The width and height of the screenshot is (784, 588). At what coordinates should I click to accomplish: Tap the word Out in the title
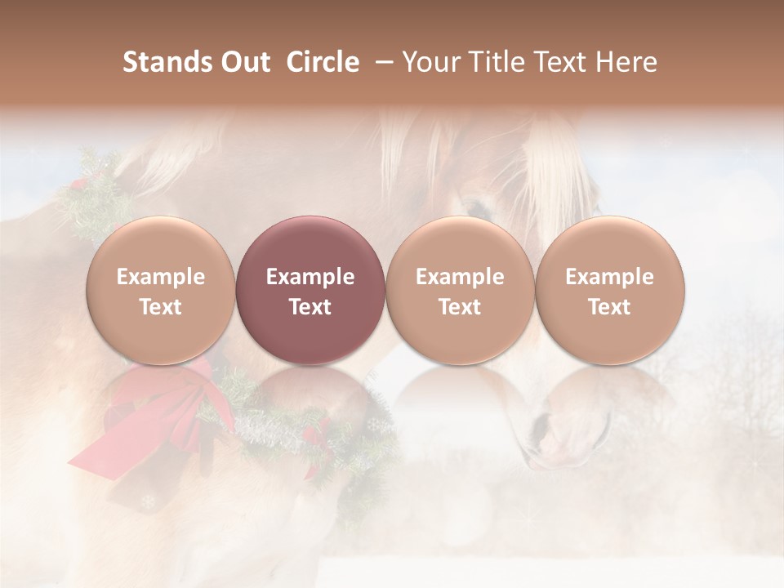click(x=244, y=62)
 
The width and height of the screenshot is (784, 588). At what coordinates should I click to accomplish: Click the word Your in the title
click(x=429, y=62)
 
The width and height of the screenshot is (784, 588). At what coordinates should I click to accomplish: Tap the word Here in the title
click(x=626, y=62)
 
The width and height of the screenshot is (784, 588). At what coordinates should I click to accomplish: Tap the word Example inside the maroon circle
click(x=310, y=277)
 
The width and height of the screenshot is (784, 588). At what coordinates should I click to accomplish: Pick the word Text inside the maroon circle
click(x=310, y=307)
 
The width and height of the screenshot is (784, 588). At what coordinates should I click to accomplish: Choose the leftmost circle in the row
click(x=160, y=290)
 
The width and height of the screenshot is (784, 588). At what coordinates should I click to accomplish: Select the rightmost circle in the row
click(x=609, y=290)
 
